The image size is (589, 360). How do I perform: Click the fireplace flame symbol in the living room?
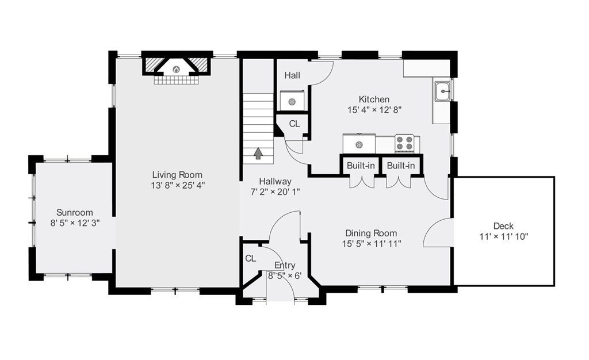click(x=176, y=69)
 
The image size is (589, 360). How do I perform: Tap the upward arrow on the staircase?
click(x=258, y=153)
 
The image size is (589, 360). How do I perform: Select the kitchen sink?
click(x=443, y=91)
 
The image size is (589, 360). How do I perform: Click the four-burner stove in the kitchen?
click(x=404, y=143)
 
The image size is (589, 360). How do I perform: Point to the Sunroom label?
click(x=75, y=212)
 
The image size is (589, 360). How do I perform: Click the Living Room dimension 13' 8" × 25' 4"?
click(x=177, y=185)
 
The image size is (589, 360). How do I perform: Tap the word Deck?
click(x=503, y=226)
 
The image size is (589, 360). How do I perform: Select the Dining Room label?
click(x=371, y=233)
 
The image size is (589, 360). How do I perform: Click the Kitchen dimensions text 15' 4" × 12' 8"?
click(x=374, y=110)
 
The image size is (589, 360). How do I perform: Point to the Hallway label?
click(x=275, y=182)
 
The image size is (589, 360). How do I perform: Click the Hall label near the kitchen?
click(x=292, y=75)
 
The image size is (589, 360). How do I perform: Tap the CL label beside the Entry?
click(x=251, y=258)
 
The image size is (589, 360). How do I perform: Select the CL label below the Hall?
click(x=294, y=124)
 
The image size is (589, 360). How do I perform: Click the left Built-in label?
click(x=361, y=166)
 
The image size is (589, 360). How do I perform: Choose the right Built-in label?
click(x=401, y=166)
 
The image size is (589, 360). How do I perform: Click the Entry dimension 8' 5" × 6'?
click(x=285, y=276)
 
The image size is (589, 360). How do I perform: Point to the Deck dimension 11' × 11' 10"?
click(x=504, y=236)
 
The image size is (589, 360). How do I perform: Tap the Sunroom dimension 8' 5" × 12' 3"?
click(x=75, y=223)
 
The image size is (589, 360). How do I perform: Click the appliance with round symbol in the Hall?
click(x=292, y=101)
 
